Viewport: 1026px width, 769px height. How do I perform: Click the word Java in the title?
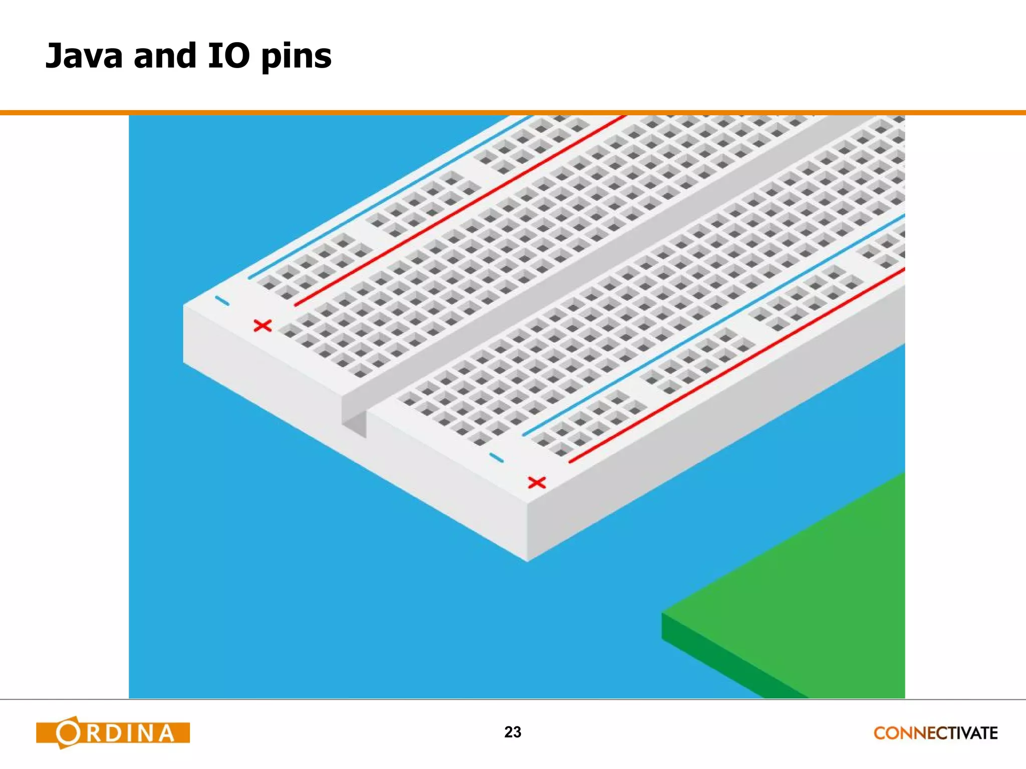[x=84, y=56]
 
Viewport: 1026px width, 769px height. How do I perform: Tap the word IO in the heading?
[x=228, y=56]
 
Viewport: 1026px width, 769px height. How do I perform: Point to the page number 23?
[x=512, y=732]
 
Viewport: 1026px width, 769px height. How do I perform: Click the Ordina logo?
[x=113, y=732]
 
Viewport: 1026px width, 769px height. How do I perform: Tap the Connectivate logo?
[x=935, y=733]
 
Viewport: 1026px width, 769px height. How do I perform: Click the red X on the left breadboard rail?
[x=263, y=326]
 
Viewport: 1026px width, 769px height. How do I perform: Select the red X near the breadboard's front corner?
[x=537, y=483]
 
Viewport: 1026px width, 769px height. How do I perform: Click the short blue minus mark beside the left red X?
[x=222, y=300]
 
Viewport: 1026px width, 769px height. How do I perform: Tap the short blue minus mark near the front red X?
[x=496, y=458]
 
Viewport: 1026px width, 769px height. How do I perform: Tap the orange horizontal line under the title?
[x=513, y=113]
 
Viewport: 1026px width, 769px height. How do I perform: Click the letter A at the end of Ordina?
[x=165, y=733]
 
